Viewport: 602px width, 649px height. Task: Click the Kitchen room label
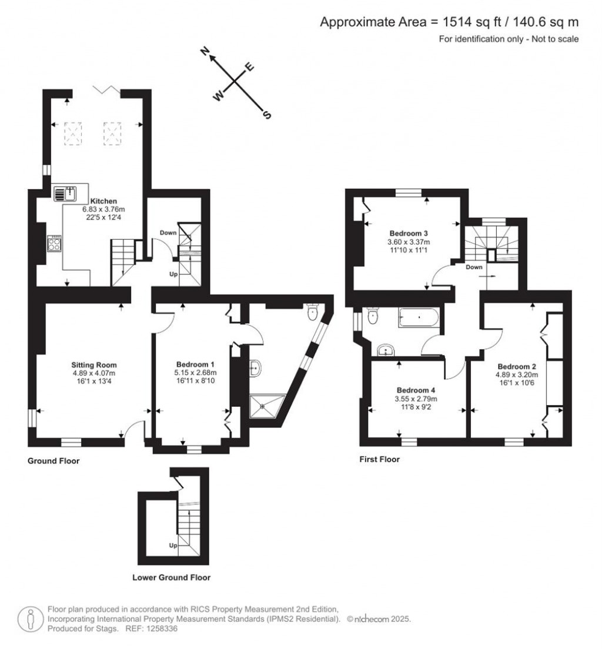pyautogui.click(x=103, y=201)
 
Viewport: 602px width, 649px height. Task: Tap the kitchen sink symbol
pyautogui.click(x=65, y=194)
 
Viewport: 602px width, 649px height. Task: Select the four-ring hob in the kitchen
pyautogui.click(x=55, y=243)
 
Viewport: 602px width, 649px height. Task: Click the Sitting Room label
pyautogui.click(x=94, y=365)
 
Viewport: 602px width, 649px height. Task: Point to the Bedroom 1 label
pyautogui.click(x=195, y=364)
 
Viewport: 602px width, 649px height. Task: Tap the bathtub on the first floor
pyautogui.click(x=418, y=318)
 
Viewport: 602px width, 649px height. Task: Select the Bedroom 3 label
pyautogui.click(x=408, y=233)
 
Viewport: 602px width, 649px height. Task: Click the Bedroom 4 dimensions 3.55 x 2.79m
pyautogui.click(x=416, y=399)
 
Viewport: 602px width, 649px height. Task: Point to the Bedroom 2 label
pyautogui.click(x=517, y=367)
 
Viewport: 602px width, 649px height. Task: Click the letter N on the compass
pyautogui.click(x=205, y=51)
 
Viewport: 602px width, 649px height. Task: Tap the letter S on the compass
pyautogui.click(x=267, y=115)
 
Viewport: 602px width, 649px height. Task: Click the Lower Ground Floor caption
pyautogui.click(x=172, y=577)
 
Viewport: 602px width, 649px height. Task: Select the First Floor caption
pyautogui.click(x=379, y=459)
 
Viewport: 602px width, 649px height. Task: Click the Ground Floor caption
pyautogui.click(x=53, y=461)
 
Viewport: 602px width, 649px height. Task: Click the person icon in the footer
pyautogui.click(x=30, y=620)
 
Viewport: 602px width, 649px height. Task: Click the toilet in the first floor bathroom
pyautogui.click(x=372, y=317)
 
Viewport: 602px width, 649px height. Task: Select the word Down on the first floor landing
pyautogui.click(x=474, y=267)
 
